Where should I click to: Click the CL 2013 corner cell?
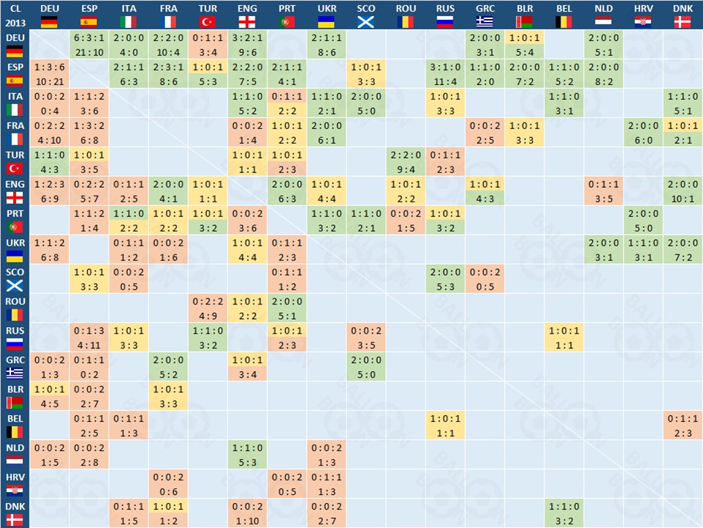[15, 15]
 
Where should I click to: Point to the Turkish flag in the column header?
[208, 21]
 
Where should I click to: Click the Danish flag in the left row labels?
[15, 520]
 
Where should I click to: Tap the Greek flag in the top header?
[485, 21]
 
